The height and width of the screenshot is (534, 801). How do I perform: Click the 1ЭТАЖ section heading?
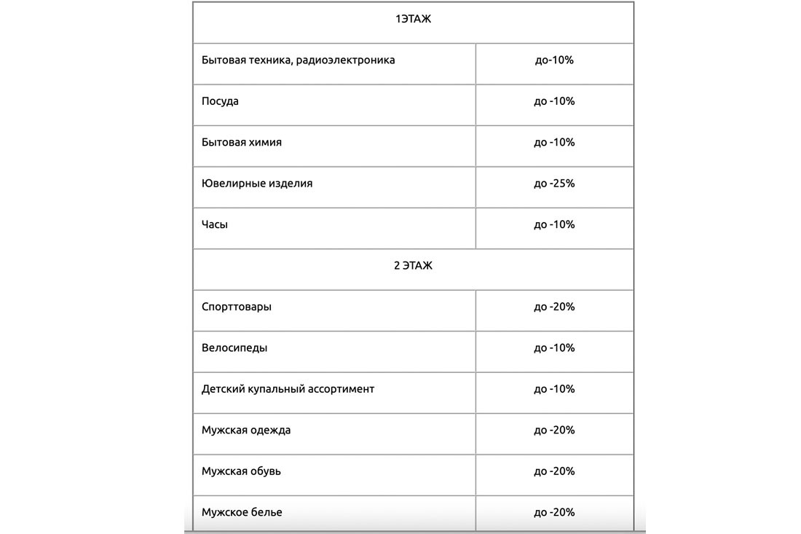413,20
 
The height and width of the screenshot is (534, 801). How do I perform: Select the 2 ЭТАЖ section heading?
413,266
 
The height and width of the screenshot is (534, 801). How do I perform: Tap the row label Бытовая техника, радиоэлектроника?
298,60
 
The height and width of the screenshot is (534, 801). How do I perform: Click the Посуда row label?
220,101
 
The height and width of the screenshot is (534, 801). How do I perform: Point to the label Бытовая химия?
242,142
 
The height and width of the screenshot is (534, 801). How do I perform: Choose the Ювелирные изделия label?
257,184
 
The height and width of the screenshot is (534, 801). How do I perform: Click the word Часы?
215,224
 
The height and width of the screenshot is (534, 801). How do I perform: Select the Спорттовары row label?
237,307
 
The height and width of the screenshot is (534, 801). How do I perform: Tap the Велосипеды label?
234,348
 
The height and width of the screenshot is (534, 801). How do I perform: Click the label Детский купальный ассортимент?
288,389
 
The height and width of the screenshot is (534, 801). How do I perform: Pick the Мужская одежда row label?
246,431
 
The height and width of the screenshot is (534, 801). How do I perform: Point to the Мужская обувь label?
241,471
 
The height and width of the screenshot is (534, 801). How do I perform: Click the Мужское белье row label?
242,512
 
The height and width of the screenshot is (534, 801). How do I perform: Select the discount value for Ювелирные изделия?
554,184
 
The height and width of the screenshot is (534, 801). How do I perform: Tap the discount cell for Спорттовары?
554,307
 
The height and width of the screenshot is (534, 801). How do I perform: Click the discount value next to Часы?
554,224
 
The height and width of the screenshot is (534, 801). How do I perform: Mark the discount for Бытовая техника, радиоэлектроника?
554,60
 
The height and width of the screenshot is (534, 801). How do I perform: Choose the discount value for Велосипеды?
554,348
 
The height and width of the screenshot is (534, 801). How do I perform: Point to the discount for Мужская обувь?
554,471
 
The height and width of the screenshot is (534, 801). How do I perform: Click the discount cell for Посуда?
554,101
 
